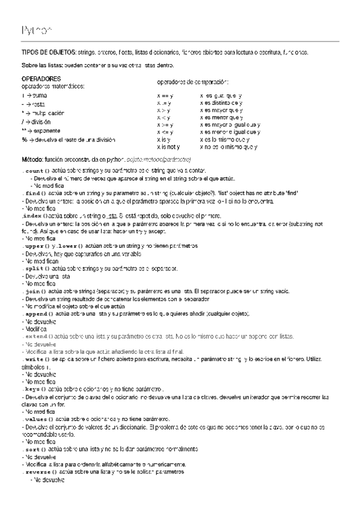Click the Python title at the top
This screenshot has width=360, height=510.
36,29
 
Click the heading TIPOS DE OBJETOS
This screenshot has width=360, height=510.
48,53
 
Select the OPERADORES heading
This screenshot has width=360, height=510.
40,79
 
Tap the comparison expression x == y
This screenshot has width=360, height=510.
165,96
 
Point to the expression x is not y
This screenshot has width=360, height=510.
168,147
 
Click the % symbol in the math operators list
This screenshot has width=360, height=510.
23,140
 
